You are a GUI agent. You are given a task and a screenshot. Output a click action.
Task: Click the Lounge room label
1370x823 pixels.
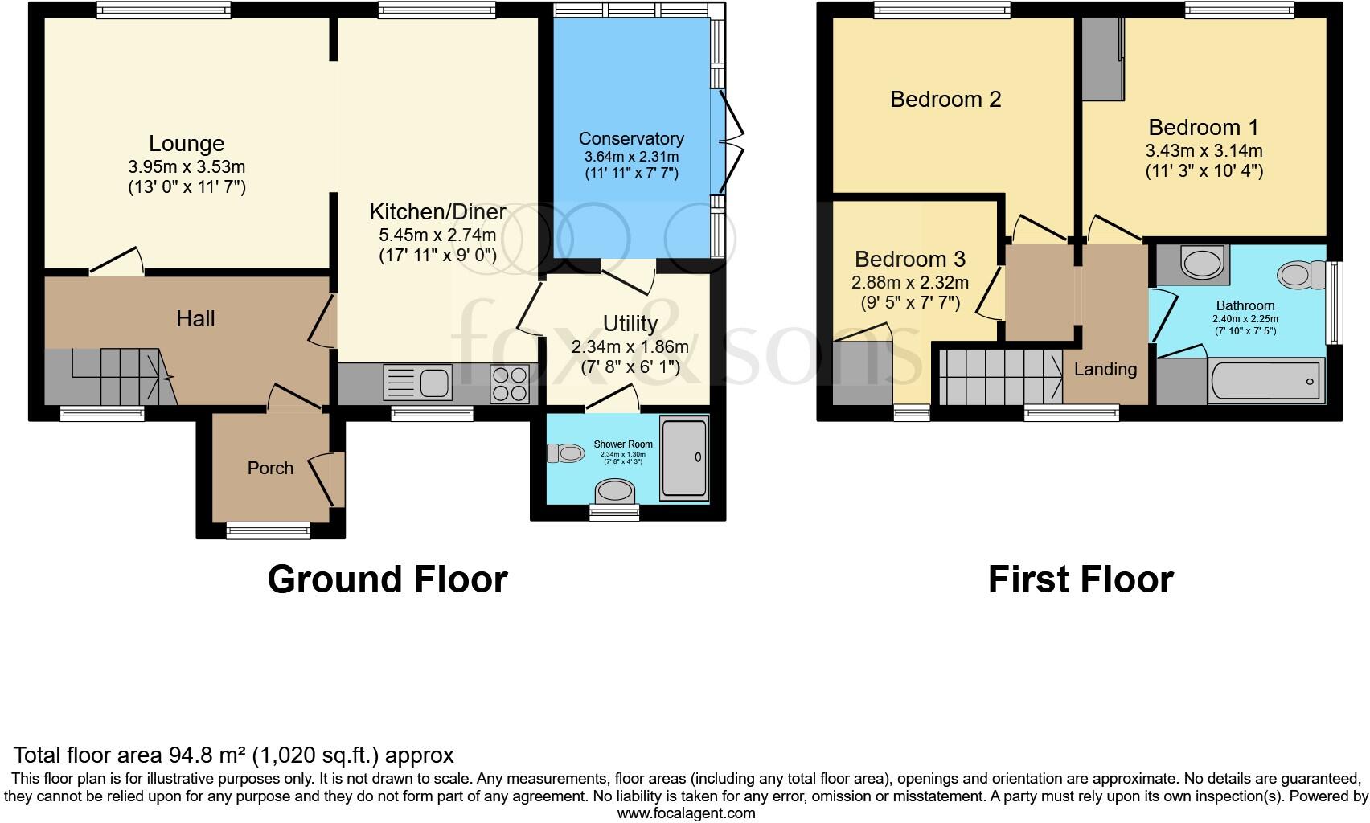coord(187,144)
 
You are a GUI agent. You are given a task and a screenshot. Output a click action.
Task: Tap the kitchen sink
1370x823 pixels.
coord(417,381)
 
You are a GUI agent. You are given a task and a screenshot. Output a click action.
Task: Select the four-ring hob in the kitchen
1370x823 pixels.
coord(510,383)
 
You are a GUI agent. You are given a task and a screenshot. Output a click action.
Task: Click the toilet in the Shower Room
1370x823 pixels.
coord(566,453)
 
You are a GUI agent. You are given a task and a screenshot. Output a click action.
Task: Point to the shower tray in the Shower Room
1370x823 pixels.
coord(683,457)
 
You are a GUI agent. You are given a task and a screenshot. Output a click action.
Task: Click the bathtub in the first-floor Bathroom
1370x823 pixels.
coord(1265,381)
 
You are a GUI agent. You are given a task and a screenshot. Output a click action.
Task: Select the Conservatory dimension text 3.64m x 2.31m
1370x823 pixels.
coord(631,158)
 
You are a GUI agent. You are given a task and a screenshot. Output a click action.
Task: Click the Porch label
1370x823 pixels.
coord(270,468)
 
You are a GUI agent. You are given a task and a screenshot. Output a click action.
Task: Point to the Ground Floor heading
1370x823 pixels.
coord(387,579)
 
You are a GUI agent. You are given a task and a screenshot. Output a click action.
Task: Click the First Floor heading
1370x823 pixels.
coord(1080,579)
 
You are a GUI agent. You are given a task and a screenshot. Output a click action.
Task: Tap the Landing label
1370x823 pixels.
coord(1105,369)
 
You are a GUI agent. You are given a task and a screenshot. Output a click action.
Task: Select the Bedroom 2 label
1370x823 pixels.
coord(945,99)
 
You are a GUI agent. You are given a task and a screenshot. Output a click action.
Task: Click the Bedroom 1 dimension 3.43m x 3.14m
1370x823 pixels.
coord(1204,150)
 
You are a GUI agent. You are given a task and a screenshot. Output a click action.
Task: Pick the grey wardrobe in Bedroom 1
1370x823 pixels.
coord(1102,59)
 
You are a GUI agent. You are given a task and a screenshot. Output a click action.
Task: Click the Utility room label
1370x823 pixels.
coord(630,323)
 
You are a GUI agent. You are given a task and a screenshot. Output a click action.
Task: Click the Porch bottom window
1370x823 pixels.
coord(268,529)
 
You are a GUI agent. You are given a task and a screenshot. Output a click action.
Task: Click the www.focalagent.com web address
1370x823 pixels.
coord(685,813)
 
